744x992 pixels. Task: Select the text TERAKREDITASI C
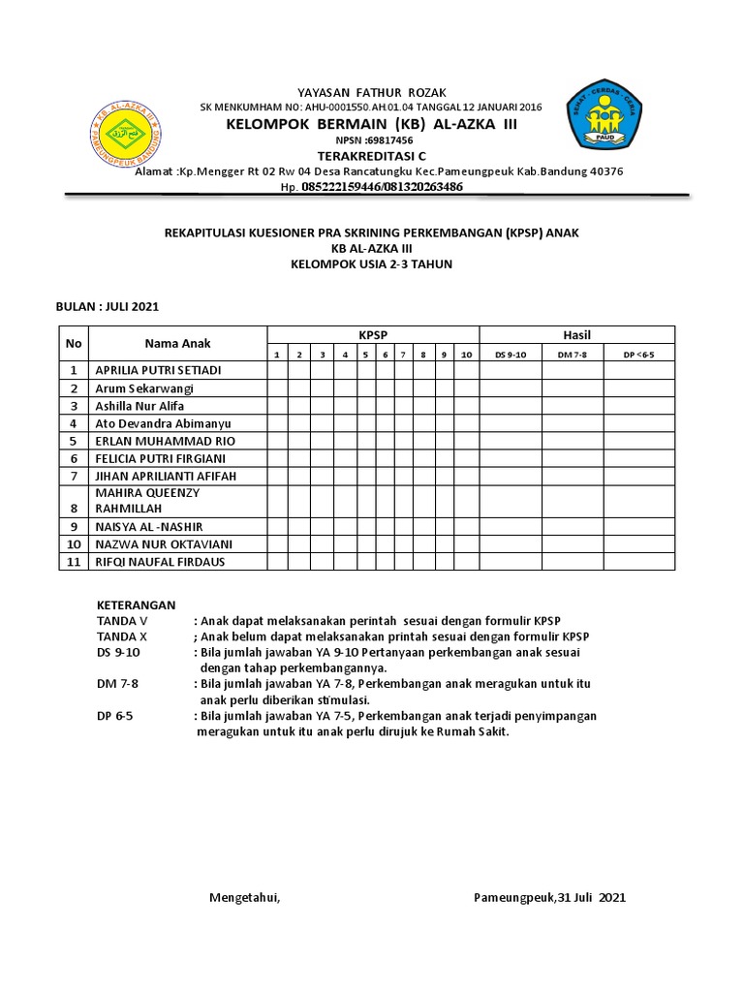point(372,156)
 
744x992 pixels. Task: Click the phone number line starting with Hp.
point(371,186)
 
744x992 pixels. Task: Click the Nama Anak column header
point(177,343)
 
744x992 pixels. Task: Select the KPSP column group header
point(373,334)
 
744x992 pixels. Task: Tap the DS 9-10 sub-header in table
point(510,355)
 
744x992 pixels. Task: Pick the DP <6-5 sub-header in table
point(639,355)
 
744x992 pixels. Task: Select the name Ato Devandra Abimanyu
point(163,423)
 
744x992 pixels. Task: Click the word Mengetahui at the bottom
point(245,897)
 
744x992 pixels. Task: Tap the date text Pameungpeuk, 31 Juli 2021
point(549,897)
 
